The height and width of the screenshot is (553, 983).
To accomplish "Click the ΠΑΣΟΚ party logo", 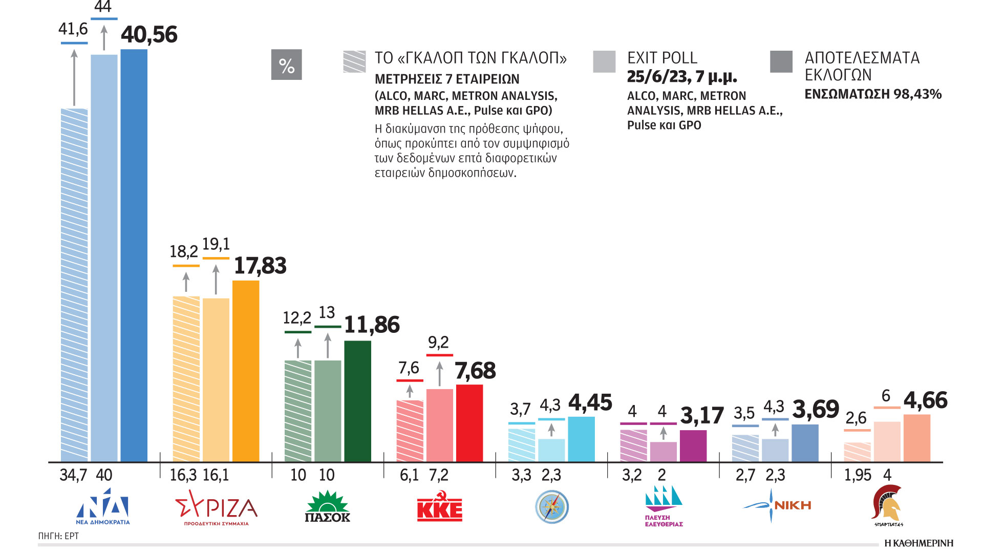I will tap(327, 506).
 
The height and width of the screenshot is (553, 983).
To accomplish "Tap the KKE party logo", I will tap(439, 506).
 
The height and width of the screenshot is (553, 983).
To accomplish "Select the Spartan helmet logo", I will tap(888, 505).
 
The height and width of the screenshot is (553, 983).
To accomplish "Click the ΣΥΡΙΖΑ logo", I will tap(216, 507).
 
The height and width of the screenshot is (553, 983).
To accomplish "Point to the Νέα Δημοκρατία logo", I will tap(103, 506).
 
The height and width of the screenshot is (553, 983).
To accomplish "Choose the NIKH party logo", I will tap(777, 505).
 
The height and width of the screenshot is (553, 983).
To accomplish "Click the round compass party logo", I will tap(552, 507).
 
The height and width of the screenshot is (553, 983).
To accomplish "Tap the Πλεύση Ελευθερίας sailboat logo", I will tap(664, 506).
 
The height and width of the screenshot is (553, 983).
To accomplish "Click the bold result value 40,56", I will tap(149, 35).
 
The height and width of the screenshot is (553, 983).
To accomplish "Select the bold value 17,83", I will tap(260, 266).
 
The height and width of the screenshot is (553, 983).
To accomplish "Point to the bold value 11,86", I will tap(372, 325).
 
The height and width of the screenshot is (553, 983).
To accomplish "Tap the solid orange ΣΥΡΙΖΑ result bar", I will tap(246, 371).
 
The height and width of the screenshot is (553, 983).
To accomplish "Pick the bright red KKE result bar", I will tap(469, 423).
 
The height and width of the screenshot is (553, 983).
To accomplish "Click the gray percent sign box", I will tap(286, 65).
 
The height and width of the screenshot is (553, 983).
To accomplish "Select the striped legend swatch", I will tap(354, 61).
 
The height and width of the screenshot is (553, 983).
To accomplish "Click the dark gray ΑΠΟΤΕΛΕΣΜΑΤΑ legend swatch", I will tap(781, 61).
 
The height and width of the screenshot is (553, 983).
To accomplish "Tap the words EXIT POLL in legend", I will tap(662, 58).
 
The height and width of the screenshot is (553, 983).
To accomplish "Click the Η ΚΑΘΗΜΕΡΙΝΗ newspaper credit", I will tap(918, 543).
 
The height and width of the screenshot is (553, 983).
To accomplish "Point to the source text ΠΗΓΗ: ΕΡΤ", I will tap(58, 536).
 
